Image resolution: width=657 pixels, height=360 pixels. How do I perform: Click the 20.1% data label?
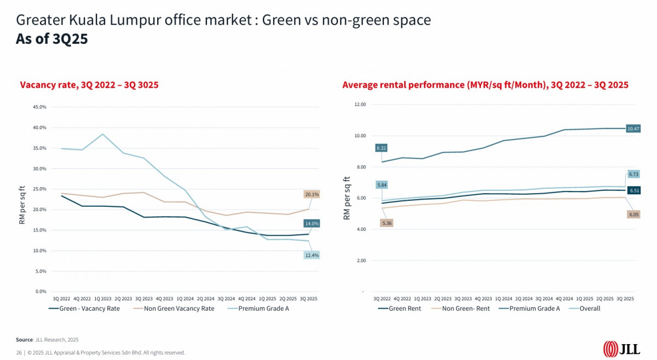(312, 194)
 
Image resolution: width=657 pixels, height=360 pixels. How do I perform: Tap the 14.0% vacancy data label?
(312, 223)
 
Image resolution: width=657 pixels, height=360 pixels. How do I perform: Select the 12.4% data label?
(312, 255)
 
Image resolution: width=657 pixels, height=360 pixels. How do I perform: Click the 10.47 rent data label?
(633, 129)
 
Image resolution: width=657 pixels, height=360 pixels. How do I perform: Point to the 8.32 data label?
(382, 148)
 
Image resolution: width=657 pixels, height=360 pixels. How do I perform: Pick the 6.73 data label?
(633, 174)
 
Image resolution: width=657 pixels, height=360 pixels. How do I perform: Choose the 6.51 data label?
(633, 190)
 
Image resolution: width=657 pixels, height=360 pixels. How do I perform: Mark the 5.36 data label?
(387, 223)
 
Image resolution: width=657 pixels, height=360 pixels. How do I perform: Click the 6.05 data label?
(633, 214)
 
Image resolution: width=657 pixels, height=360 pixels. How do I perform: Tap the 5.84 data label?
(382, 185)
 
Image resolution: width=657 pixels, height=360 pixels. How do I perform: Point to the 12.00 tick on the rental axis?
(360, 104)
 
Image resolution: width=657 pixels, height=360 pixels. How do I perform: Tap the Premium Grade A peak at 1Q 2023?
(102, 134)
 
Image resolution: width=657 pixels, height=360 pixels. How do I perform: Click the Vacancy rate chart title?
(89, 85)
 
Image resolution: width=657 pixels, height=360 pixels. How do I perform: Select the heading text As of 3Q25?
(52, 39)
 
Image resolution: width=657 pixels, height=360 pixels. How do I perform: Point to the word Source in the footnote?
(24, 340)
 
